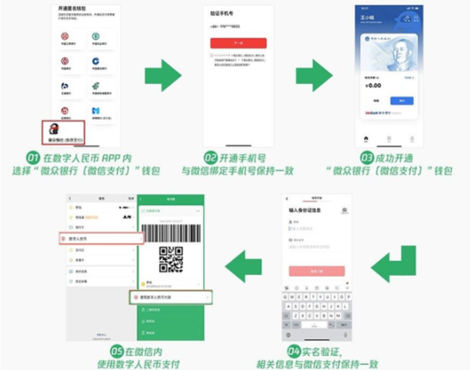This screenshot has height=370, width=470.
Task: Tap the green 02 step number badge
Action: coord(211,156)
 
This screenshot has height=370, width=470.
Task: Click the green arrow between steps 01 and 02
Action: coord(163,74)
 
